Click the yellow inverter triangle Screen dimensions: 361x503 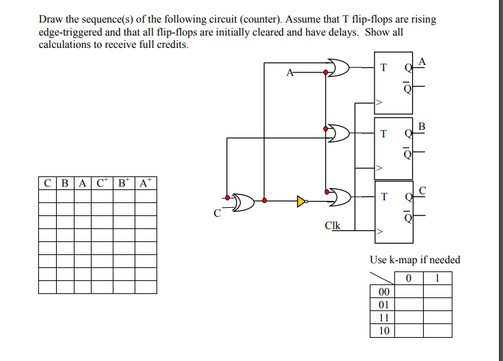pyautogui.click(x=301, y=201)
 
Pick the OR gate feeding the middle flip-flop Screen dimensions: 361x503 pyautogui.click(x=338, y=130)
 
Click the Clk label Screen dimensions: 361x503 pyautogui.click(x=333, y=225)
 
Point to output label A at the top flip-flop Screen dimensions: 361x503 pyautogui.click(x=422, y=62)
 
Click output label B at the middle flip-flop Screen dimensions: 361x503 pyautogui.click(x=421, y=126)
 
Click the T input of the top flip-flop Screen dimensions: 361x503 pyautogui.click(x=383, y=68)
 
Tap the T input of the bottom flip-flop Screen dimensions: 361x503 pyautogui.click(x=383, y=197)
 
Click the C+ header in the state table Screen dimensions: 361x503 pyautogui.click(x=103, y=183)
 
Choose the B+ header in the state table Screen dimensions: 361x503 pyautogui.click(x=124, y=183)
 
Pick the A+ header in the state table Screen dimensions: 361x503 pyautogui.click(x=145, y=183)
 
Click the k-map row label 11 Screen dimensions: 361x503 pyautogui.click(x=383, y=318)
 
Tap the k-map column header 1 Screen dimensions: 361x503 pyautogui.click(x=437, y=278)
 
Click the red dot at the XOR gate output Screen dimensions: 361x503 pyautogui.click(x=264, y=201)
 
